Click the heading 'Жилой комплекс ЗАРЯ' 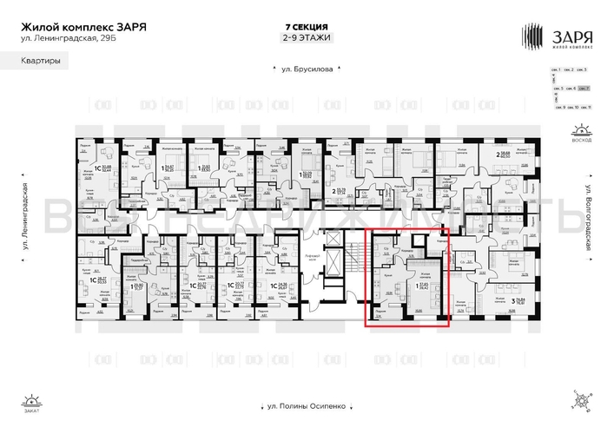click(83, 26)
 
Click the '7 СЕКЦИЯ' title click(307, 26)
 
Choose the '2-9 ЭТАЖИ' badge click(307, 38)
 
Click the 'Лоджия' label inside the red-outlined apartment click(380, 309)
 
